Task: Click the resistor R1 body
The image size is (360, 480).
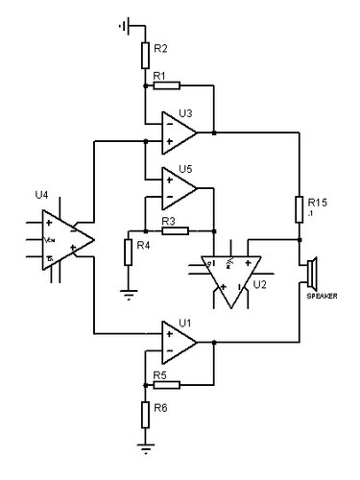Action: (167, 85)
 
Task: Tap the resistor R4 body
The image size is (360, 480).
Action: (128, 252)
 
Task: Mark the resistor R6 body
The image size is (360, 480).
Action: (145, 414)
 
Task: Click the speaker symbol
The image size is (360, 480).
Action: (311, 274)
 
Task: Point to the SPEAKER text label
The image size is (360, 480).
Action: (321, 297)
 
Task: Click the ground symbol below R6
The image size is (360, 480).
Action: (145, 444)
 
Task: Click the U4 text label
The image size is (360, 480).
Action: (40, 194)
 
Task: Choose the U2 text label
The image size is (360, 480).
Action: (260, 285)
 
